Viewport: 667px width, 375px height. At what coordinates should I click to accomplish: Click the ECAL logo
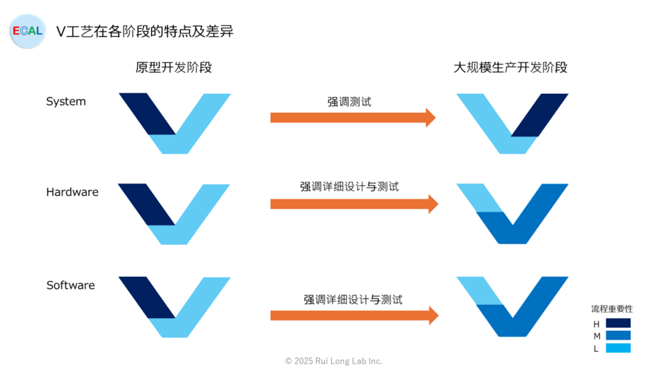pos(27,31)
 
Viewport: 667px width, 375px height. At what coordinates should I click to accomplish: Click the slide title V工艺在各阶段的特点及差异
pos(145,31)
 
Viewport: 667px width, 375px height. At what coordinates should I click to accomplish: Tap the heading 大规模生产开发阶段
pos(511,68)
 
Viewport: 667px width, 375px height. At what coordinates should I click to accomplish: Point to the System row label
pos(66,102)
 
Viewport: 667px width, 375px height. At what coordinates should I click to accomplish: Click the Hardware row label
pos(72,192)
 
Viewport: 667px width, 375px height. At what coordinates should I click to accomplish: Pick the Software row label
pos(70,285)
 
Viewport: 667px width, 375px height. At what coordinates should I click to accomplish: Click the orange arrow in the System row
pos(352,118)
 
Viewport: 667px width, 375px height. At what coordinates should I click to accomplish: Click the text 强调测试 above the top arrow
pos(349,102)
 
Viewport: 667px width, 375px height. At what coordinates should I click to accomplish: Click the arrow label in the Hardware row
pos(349,187)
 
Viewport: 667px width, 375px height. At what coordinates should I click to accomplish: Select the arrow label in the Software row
pos(352,299)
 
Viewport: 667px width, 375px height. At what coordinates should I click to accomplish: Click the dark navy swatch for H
pos(617,323)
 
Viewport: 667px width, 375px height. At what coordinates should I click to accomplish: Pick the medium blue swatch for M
pos(617,335)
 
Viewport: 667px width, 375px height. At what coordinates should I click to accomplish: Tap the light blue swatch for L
pos(617,348)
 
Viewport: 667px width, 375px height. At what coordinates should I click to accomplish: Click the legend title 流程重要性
pos(612,309)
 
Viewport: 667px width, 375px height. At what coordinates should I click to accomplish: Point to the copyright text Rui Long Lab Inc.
pos(333,361)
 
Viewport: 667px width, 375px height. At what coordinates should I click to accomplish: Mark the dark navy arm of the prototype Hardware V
pos(147,204)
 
